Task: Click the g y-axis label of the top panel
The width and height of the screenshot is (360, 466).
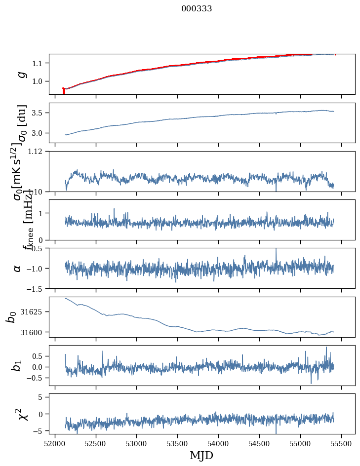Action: point(21,74)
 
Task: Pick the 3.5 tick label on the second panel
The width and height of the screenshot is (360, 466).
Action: point(40,113)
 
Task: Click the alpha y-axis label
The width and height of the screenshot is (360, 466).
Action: point(18,268)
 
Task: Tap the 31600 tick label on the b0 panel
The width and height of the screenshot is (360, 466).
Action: point(34,332)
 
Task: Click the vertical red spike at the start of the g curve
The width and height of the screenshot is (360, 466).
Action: point(64,91)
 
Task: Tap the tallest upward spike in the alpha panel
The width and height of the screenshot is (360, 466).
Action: point(276,250)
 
